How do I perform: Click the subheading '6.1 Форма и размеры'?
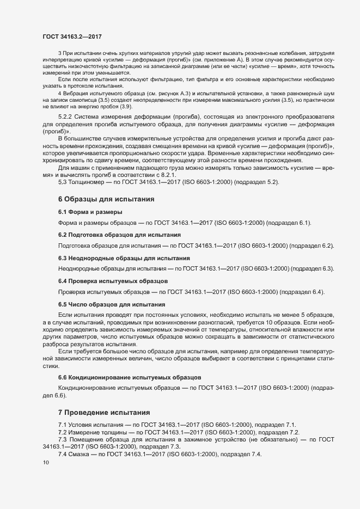pyautogui.click(x=90, y=212)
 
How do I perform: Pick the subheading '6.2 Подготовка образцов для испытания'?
pyautogui.click(x=119, y=235)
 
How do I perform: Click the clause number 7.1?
pyautogui.click(x=63, y=424)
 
